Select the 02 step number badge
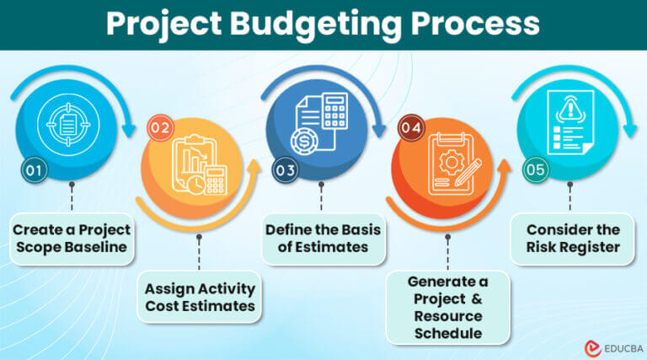pyautogui.click(x=159, y=129)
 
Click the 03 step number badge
pyautogui.click(x=286, y=171)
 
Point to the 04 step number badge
pyautogui.click(x=411, y=129)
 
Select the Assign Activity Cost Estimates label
pyautogui.click(x=199, y=296)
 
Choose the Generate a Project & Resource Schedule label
pyautogui.click(x=448, y=308)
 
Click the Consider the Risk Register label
pyautogui.click(x=573, y=239)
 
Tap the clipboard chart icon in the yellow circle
pyautogui.click(x=198, y=168)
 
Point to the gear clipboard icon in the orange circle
pyautogui.click(x=448, y=168)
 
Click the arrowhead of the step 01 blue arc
pyautogui.click(x=127, y=132)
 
